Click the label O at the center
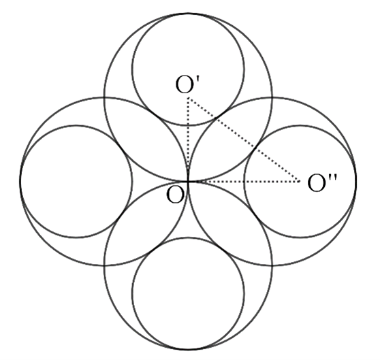176,195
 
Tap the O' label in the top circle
187,84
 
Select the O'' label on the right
321,183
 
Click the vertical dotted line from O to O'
188,140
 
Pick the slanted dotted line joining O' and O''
244,140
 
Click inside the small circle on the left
76,181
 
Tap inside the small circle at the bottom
188,293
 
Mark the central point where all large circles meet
188,181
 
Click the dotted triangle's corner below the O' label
188,97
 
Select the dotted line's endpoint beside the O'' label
300,181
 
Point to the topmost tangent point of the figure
188,14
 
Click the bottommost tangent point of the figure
188,349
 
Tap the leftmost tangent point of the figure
20,181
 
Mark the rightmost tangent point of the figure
356,181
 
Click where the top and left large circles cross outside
104,97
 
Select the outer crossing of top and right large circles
272,97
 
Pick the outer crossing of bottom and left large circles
104,265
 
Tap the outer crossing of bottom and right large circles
272,265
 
